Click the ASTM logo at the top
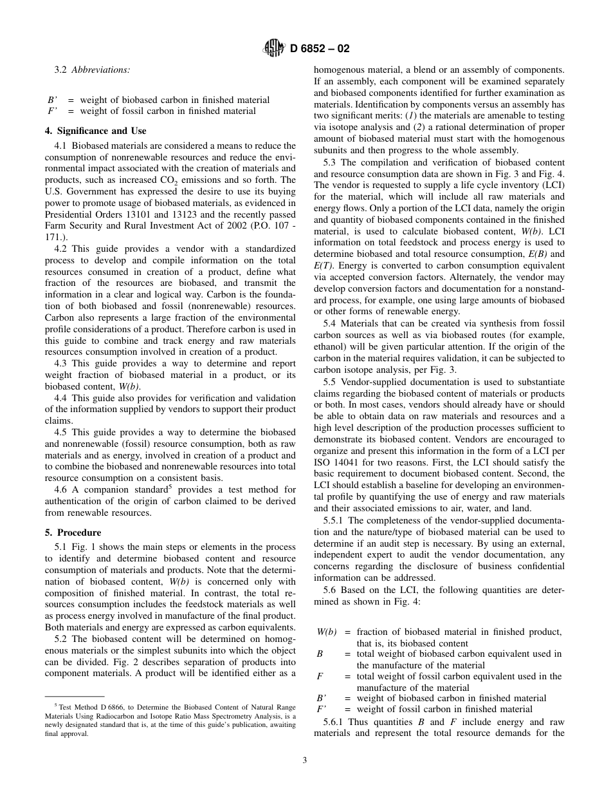tap(273, 48)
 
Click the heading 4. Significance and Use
tap(96, 131)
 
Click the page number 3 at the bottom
tap(305, 760)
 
